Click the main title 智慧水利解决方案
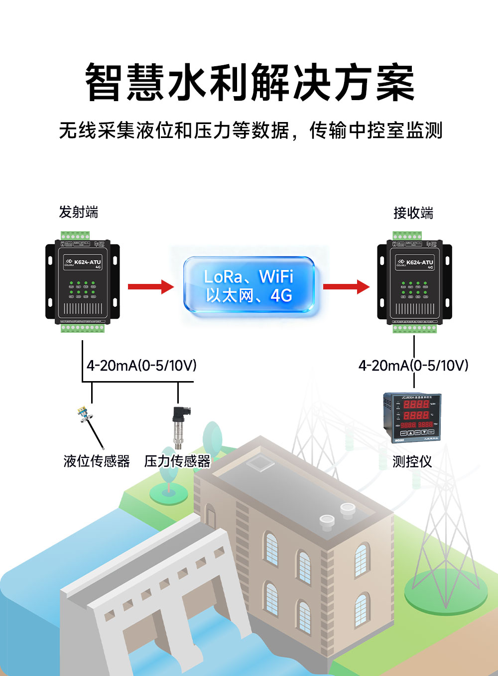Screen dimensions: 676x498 249,82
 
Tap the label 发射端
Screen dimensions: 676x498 79,212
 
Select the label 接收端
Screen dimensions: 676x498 413,213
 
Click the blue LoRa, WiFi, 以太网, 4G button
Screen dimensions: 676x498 249,285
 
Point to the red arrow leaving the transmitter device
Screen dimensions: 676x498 150,286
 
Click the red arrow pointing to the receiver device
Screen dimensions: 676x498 346,286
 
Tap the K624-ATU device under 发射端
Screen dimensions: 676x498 83,281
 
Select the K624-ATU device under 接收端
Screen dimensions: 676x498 414,281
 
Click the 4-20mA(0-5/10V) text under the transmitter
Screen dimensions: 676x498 141,366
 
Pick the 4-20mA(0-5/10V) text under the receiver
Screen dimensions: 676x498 413,366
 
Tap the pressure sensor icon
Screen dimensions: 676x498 178,427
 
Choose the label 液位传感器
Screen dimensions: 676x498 97,461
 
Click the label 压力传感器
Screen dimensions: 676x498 177,461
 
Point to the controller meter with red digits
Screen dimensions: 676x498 411,417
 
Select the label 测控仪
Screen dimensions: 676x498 412,462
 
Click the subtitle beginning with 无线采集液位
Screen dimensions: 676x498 250,131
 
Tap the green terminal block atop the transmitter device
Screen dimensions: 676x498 76,236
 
